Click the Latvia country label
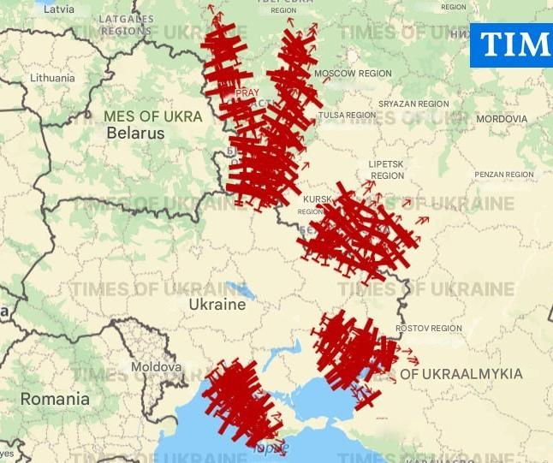[58, 9]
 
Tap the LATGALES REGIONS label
[126, 25]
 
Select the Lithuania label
[52, 78]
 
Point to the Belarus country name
[135, 134]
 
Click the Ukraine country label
[217, 305]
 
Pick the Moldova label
[156, 367]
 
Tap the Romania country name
[55, 399]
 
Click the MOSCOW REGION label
[353, 74]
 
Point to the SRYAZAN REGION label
[413, 104]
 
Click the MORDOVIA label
[502, 119]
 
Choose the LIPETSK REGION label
[387, 169]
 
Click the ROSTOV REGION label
[429, 329]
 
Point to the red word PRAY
[247, 92]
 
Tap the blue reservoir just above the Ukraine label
[237, 290]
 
